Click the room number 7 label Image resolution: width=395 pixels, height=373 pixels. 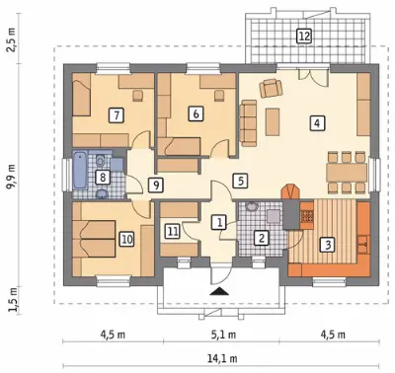coord(117,115)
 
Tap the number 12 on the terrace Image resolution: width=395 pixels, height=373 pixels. coord(303,36)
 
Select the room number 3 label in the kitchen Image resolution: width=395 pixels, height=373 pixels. coord(328,245)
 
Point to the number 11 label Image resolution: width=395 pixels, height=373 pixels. coord(172,231)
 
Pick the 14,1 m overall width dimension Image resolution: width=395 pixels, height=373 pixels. coord(222,357)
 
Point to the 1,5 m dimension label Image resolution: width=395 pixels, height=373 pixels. coord(13,300)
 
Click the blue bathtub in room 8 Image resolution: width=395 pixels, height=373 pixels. coord(80,170)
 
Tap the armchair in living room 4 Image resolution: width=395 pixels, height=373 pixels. coord(271,88)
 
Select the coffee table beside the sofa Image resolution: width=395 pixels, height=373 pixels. coord(273,121)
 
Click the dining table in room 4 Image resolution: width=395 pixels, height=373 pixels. coord(347,173)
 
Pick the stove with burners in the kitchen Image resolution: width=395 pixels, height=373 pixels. coord(307,215)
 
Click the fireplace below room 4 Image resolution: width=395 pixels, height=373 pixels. coord(290,191)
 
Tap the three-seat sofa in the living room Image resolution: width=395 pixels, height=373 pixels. coord(248,123)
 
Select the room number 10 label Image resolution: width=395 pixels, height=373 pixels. coord(127,239)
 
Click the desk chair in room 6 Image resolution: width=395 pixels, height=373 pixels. coord(219,96)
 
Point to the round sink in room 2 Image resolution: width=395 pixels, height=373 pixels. coord(253,207)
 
